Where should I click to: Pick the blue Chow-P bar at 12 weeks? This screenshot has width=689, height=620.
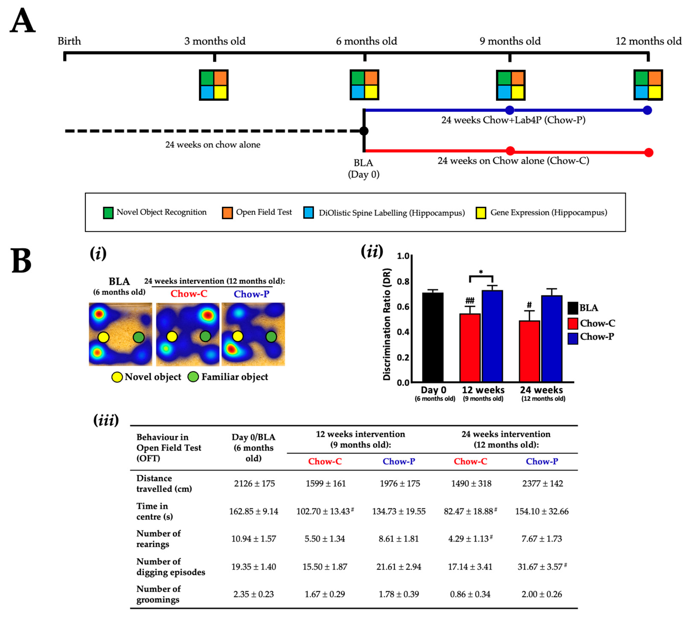(x=492, y=336)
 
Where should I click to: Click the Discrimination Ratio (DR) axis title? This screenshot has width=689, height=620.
(x=387, y=324)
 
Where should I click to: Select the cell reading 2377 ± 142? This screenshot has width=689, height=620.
(x=542, y=483)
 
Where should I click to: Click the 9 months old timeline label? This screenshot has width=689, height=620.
(x=510, y=41)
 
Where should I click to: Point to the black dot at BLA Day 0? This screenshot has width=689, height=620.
(x=364, y=131)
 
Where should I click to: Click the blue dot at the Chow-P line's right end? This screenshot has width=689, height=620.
(x=647, y=110)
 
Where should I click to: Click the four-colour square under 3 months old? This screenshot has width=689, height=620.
(x=214, y=85)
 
